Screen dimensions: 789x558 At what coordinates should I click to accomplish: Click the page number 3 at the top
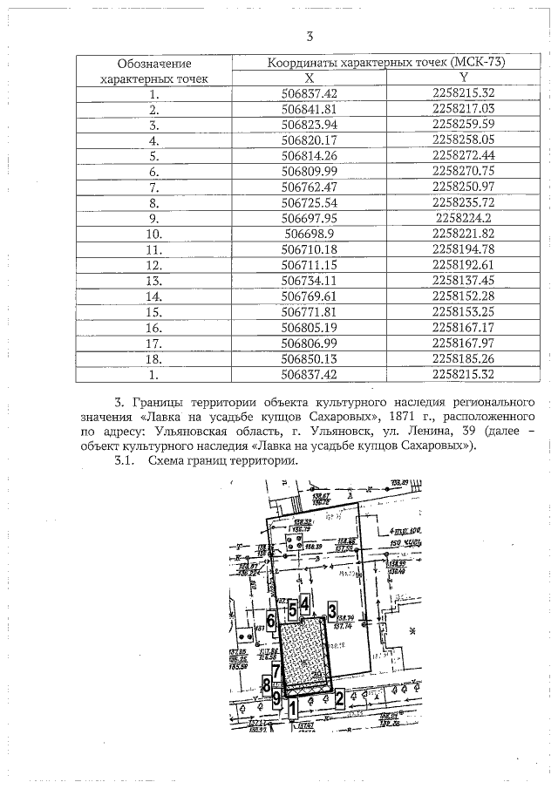coord(310,37)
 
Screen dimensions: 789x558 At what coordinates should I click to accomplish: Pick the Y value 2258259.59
coord(463,125)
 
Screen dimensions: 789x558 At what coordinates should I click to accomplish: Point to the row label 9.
coord(153,219)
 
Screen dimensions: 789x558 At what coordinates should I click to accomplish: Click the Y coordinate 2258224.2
coord(463,219)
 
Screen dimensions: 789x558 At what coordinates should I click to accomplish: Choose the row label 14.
coord(153,297)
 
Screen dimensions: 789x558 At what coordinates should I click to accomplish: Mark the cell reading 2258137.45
coord(463,282)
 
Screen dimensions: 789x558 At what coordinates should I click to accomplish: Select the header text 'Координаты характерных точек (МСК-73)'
coord(386,62)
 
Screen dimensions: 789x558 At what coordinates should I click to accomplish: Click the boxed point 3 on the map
coord(331,609)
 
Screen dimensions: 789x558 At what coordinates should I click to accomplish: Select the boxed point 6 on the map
coord(271,622)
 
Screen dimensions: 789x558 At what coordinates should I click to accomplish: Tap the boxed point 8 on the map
coord(266,685)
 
